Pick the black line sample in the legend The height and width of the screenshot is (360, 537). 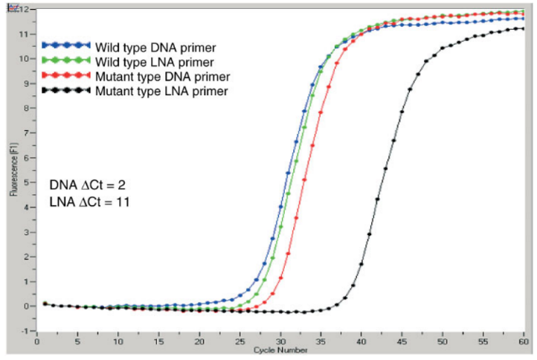[x=66, y=91]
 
